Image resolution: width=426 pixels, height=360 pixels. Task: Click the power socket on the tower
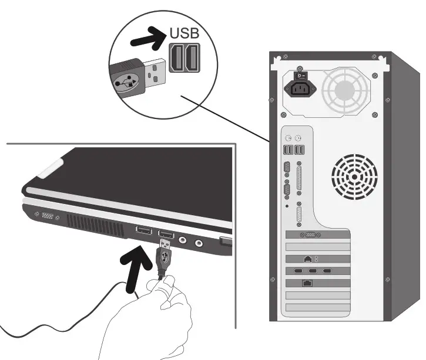point(301,89)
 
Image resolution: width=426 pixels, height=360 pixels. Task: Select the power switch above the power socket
point(300,74)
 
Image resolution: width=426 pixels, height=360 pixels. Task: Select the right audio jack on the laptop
point(200,242)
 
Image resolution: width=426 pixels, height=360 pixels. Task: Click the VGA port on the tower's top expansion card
point(310,235)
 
